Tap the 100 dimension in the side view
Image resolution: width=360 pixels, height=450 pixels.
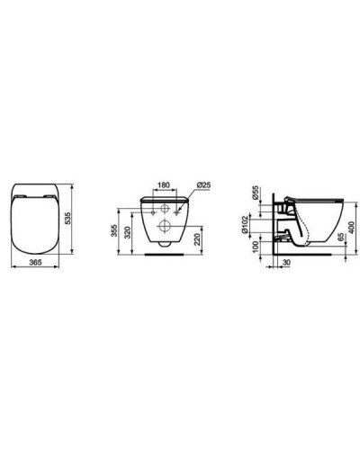[256, 245]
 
